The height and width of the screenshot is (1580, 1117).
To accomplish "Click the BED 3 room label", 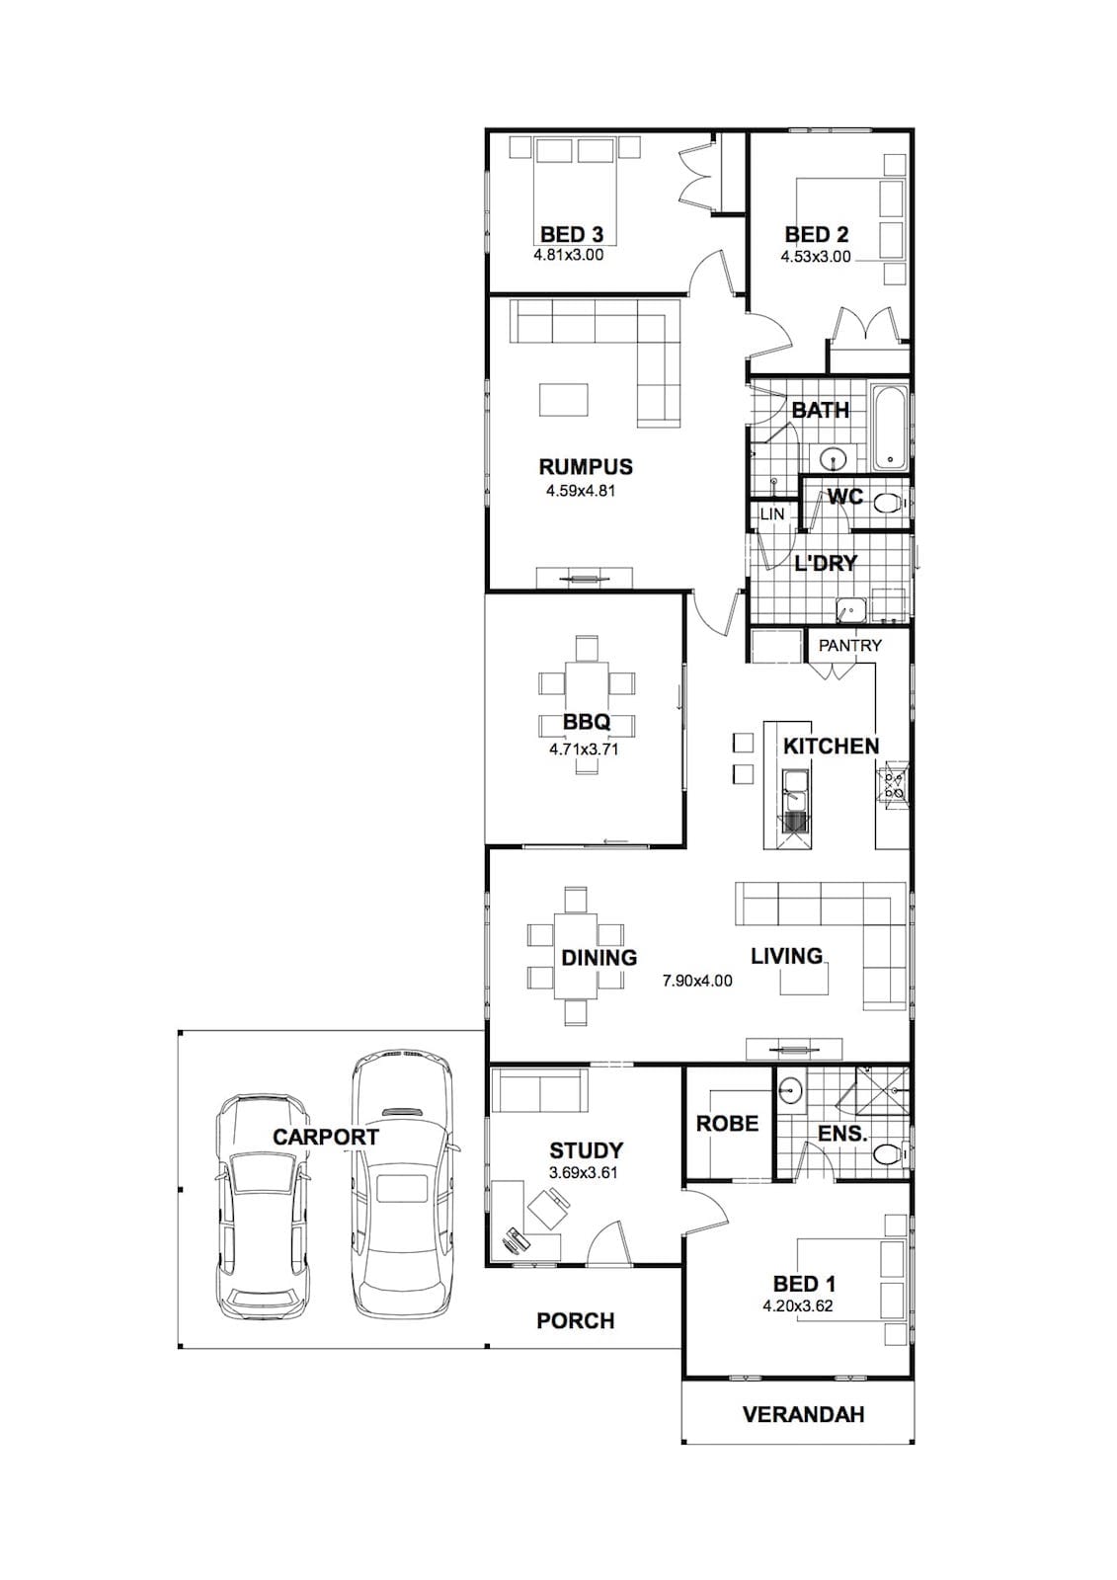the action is tap(572, 233).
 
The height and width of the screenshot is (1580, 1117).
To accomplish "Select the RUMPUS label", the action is tap(586, 467).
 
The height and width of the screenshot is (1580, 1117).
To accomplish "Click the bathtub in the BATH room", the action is tap(891, 428).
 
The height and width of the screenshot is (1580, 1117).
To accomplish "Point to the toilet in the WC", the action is tap(889, 504).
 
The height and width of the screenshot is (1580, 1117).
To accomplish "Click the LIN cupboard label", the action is tap(772, 514).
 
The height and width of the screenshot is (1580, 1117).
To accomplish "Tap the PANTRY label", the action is tap(849, 646).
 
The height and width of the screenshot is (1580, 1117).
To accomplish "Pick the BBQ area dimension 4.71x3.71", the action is tap(584, 750).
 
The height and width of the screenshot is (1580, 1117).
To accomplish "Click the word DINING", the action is tap(599, 957).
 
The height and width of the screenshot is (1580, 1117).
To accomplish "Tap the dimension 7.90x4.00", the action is tap(697, 980).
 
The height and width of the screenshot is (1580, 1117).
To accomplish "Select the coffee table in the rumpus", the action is tap(564, 400).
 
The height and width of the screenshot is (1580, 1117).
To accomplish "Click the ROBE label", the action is tap(728, 1123).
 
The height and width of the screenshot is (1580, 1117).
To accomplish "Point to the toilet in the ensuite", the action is tap(889, 1155).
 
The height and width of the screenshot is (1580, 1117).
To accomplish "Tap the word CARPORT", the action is tap(326, 1137).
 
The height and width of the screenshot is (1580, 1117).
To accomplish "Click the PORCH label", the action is tap(576, 1320).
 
